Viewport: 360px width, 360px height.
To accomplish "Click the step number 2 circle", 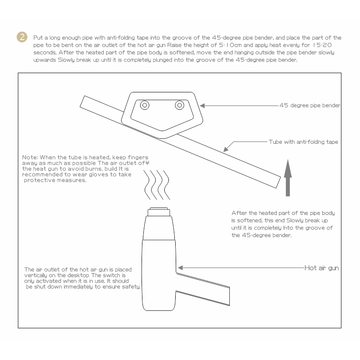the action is pos(22,37).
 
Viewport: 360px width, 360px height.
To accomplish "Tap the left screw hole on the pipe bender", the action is pos(145,105).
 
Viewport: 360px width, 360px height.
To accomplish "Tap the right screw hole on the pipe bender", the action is pos(179,105).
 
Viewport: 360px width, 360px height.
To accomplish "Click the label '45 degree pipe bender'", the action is pos(310,106).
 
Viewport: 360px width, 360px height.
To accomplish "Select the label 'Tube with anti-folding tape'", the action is pos(303,142).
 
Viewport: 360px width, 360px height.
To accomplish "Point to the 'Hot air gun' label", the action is pos(321,268).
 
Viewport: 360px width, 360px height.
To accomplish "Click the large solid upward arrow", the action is pos(288,178).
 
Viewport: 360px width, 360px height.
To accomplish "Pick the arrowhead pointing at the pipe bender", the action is pos(202,106).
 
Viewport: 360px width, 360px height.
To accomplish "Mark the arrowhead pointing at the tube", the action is pos(226,149).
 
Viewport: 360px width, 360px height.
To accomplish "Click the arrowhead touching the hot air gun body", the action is pos(180,268).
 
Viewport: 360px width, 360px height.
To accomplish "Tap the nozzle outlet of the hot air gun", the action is pos(159,212).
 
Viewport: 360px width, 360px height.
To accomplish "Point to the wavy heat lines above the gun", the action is pos(157,185).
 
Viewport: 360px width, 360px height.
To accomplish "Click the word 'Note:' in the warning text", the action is pos(30,157).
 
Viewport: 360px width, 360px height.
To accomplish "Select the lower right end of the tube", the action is pos(278,183).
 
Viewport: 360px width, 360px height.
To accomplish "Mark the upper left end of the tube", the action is pos(82,101).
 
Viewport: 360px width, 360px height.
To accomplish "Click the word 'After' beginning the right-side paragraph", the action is pos(239,213).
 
